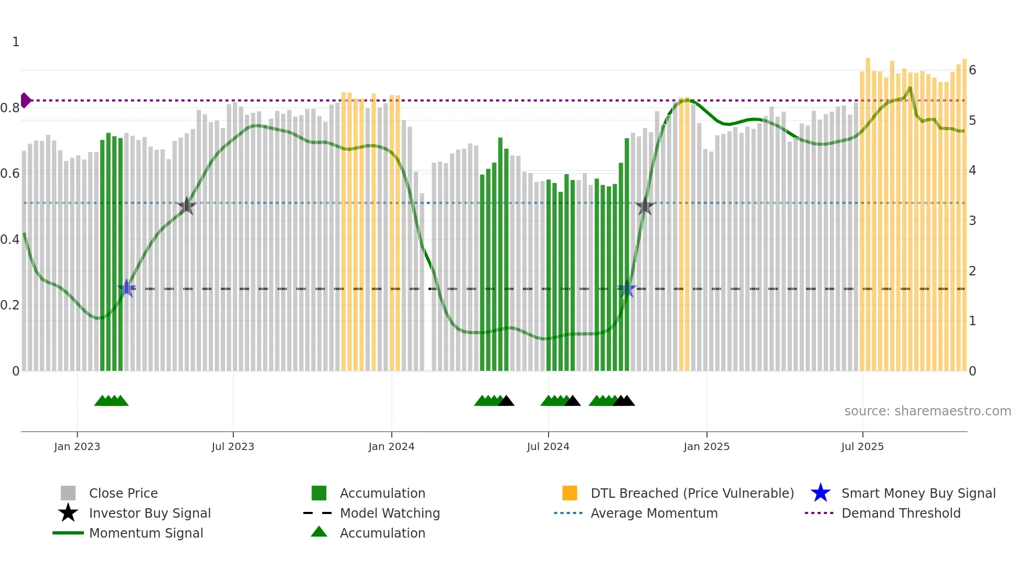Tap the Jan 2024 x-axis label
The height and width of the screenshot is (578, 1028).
[391, 446]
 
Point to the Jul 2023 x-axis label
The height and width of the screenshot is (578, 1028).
[233, 446]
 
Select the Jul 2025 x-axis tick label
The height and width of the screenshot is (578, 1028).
[862, 446]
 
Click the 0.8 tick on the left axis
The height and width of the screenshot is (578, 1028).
[10, 108]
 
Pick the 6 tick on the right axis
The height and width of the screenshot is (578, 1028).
[972, 70]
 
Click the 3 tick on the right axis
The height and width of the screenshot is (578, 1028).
[972, 221]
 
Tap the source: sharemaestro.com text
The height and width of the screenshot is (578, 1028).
[927, 411]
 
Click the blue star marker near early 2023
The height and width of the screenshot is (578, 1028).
[126, 288]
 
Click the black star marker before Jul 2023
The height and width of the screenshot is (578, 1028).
[187, 206]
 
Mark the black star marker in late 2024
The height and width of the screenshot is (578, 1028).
[645, 206]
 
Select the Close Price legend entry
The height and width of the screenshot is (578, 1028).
[123, 493]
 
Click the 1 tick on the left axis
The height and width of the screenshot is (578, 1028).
[16, 42]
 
